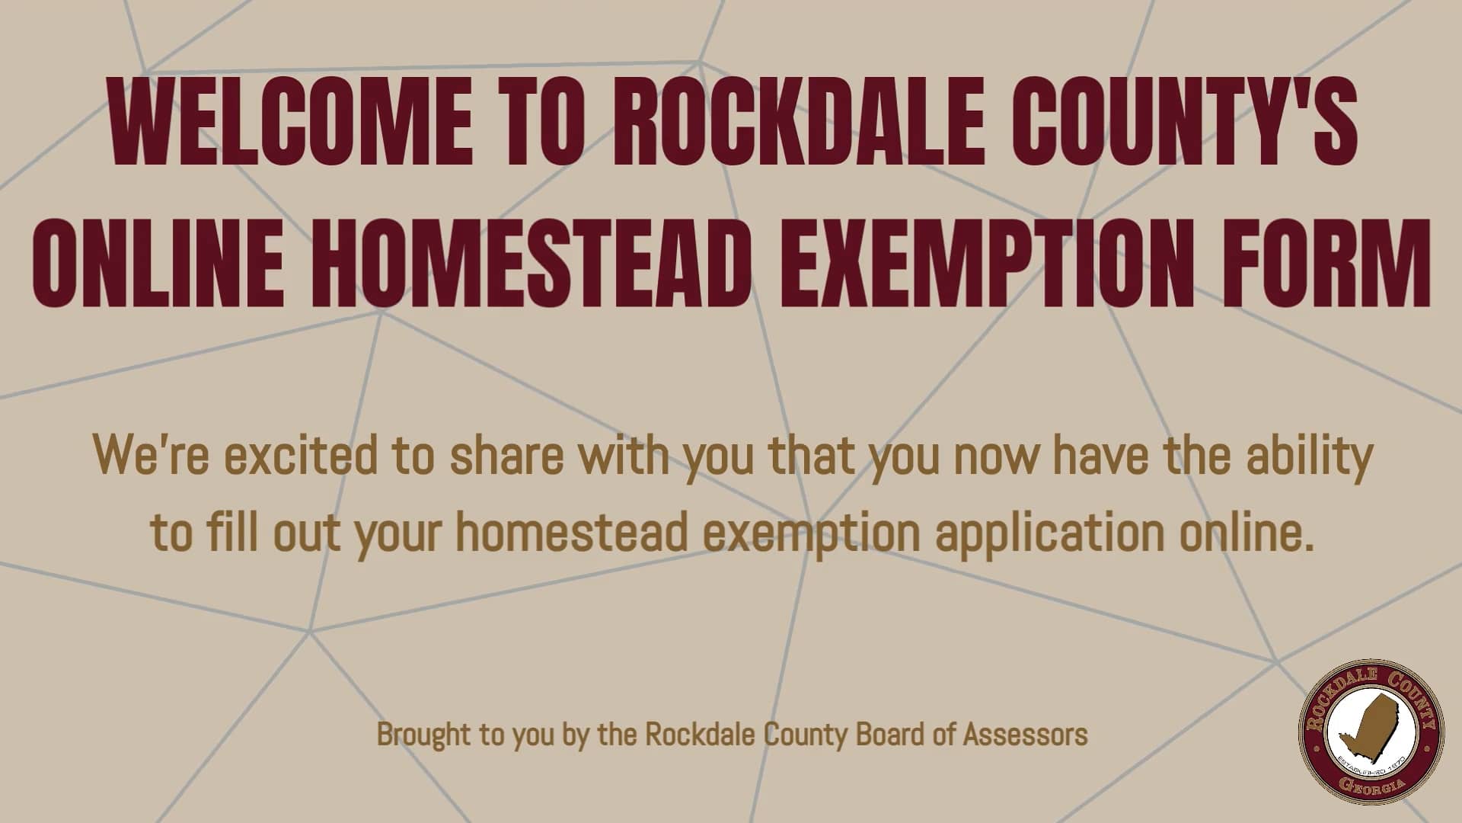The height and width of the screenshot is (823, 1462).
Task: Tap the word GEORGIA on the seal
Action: [1371, 786]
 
